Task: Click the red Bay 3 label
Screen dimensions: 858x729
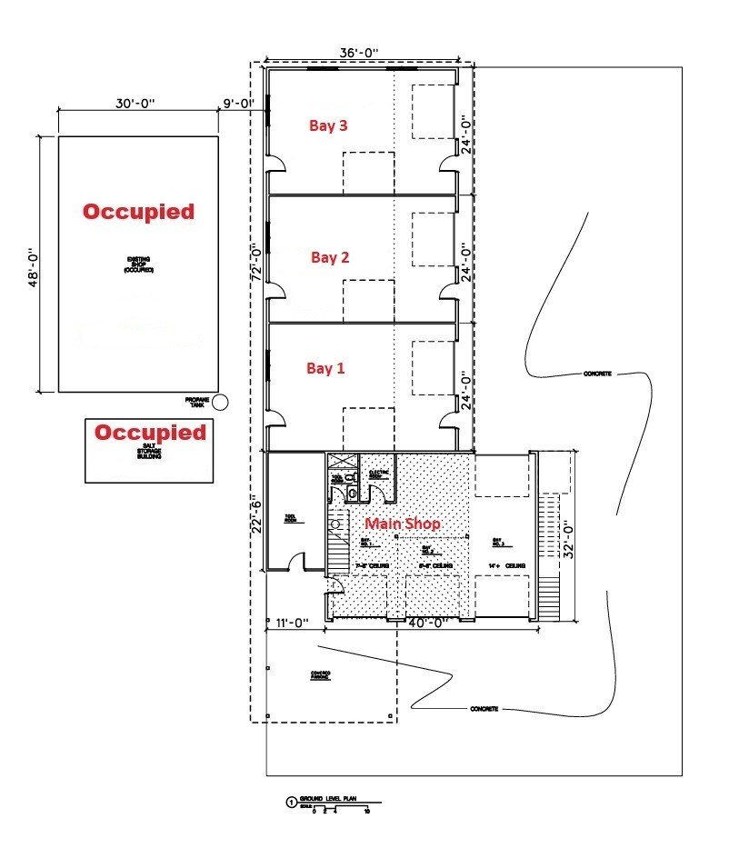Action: (x=330, y=126)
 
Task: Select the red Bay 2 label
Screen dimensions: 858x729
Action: (x=330, y=257)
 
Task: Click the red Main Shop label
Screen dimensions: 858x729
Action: (x=403, y=524)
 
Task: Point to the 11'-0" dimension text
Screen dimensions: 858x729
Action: (x=293, y=624)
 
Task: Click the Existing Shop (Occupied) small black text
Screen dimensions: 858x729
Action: (x=139, y=264)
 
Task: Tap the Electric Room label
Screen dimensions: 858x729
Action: (x=379, y=474)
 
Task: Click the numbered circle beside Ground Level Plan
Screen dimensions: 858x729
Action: (x=291, y=803)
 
